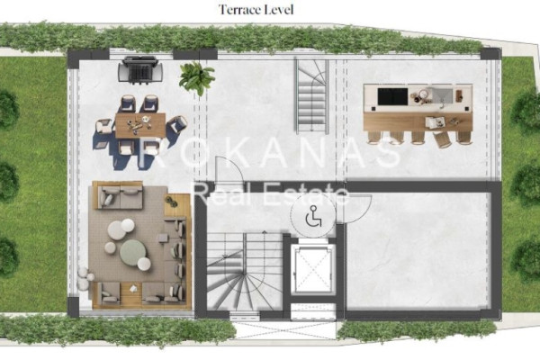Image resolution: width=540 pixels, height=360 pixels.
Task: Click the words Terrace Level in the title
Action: coord(256,10)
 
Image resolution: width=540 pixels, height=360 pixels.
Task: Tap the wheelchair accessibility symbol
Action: coord(313,217)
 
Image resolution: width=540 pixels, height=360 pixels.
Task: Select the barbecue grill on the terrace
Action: coord(140,69)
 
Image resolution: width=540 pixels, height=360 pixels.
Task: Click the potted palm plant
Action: coord(196,78)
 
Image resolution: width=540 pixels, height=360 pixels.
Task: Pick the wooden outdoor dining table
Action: coord(140,125)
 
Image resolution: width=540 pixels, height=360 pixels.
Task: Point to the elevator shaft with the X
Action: coord(312,269)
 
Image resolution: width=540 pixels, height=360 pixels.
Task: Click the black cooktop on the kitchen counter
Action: coord(392,96)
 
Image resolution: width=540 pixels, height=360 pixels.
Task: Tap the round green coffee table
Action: coord(133,253)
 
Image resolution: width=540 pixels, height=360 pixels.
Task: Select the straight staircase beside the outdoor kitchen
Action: coord(311,96)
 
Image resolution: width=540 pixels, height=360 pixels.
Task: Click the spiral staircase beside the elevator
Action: coord(245,271)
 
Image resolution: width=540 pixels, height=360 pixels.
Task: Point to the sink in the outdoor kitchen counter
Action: coord(442,95)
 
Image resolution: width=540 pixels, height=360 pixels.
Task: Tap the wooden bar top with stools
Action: coord(418,121)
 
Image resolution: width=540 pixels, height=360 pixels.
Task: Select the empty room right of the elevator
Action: coord(418,251)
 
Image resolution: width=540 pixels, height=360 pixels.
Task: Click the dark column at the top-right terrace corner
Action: coord(490,54)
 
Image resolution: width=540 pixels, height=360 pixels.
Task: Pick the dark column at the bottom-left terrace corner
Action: coord(74,306)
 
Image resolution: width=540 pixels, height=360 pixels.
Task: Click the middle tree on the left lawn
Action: coord(7,182)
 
